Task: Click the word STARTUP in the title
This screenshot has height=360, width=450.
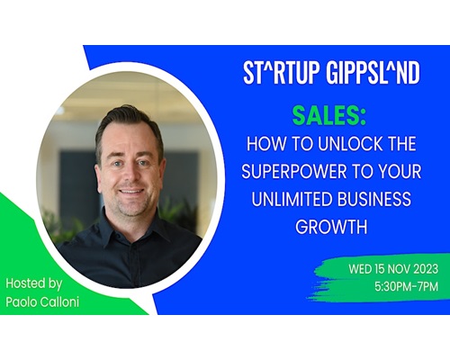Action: (x=280, y=73)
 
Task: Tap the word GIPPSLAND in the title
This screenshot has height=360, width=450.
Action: (x=373, y=73)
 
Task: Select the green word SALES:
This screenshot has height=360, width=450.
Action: (x=329, y=115)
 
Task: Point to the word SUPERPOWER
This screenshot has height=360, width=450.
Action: (x=294, y=171)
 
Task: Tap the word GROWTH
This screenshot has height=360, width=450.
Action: (x=331, y=227)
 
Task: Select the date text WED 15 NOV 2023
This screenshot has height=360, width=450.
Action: (x=393, y=269)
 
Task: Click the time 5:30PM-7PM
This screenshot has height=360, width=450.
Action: (x=406, y=286)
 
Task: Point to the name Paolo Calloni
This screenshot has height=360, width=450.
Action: (x=42, y=301)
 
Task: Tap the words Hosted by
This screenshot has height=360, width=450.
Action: (x=34, y=283)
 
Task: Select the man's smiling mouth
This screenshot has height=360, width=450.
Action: (x=131, y=192)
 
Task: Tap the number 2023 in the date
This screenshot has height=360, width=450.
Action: (x=426, y=269)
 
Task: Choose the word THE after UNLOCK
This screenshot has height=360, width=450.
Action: (x=401, y=144)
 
